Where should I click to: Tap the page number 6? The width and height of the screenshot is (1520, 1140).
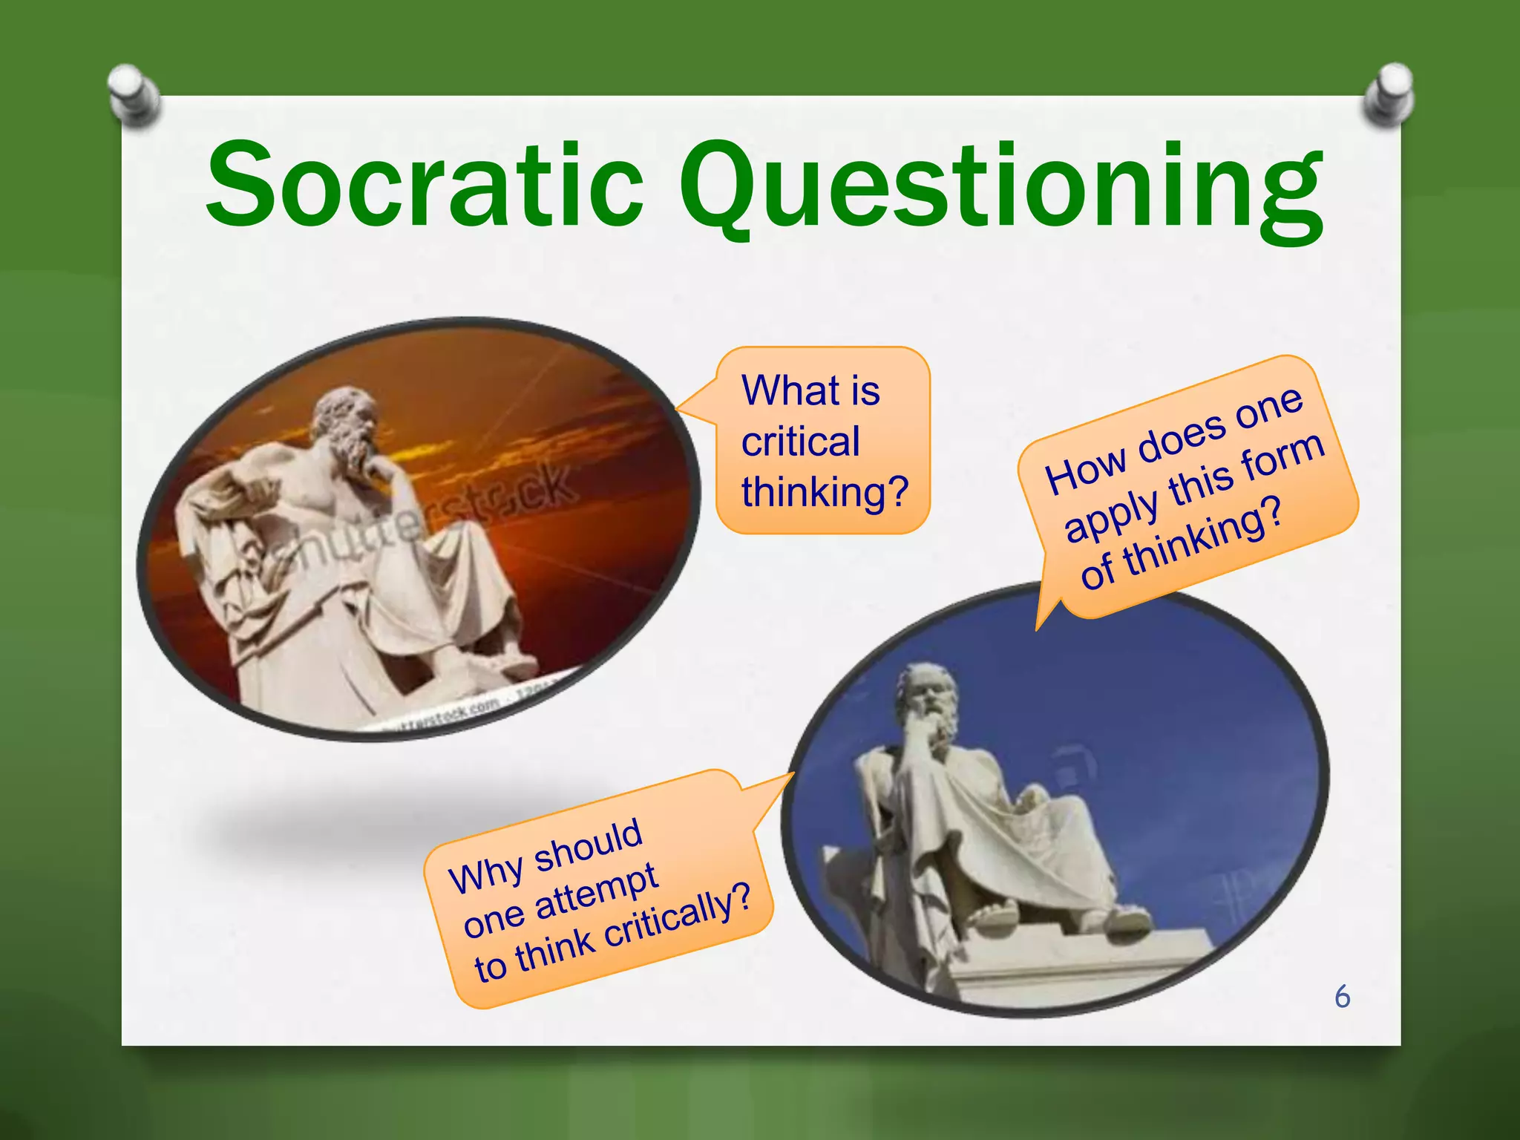pyautogui.click(x=1342, y=997)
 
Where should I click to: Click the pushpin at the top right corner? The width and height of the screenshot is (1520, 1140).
pyautogui.click(x=1388, y=94)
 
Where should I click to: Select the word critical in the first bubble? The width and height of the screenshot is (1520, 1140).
pyautogui.click(x=800, y=442)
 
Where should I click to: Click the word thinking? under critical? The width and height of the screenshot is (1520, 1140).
pyautogui.click(x=825, y=492)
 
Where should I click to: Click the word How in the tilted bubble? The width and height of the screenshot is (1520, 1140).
pyautogui.click(x=1084, y=471)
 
